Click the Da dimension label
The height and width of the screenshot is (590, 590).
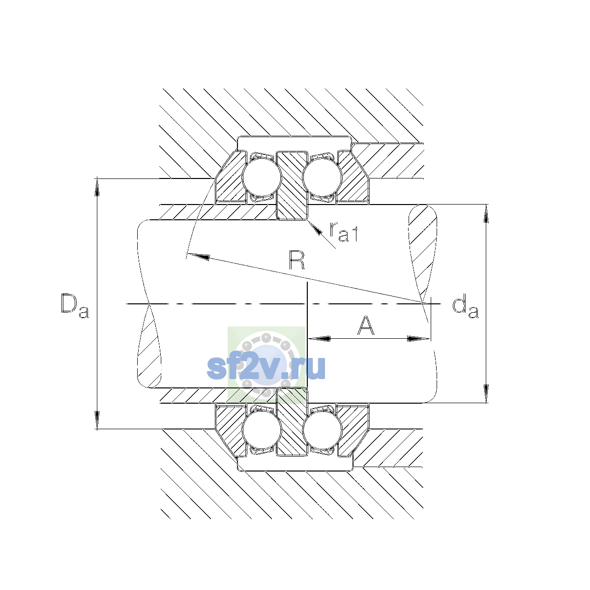75,306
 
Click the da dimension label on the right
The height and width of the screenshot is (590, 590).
466,306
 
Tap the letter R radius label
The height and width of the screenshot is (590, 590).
296,260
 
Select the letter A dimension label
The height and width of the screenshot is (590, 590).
366,325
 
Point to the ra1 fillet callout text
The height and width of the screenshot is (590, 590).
344,232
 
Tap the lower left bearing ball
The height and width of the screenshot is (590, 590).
262,430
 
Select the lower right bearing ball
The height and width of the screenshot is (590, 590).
322,430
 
